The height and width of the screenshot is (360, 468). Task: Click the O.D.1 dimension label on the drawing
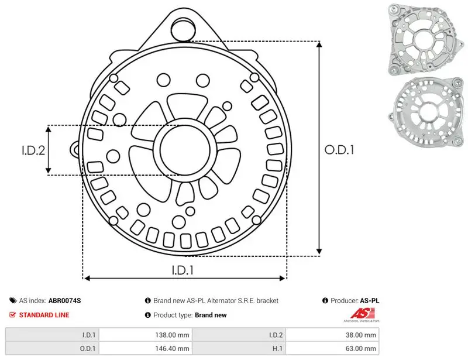click(339, 150)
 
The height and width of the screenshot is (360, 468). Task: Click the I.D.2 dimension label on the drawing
click(33, 150)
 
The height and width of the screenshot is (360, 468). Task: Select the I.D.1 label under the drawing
click(183, 270)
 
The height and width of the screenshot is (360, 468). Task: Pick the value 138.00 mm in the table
click(172, 335)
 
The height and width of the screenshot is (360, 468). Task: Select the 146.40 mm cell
click(172, 348)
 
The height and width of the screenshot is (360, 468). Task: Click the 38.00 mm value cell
click(361, 335)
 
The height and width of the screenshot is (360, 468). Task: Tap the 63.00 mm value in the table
click(361, 348)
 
